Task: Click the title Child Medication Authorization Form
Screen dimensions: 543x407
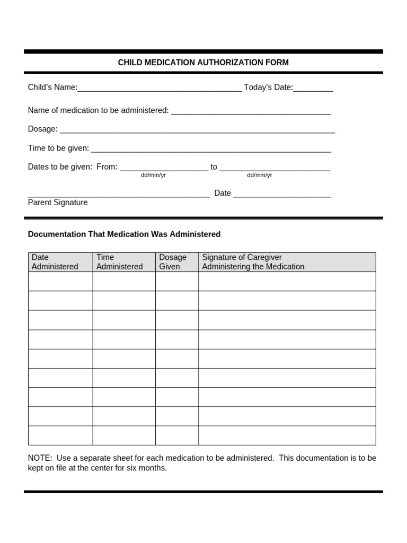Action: click(203, 63)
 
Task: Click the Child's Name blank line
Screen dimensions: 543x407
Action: click(160, 88)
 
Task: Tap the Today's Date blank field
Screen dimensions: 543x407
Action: click(313, 88)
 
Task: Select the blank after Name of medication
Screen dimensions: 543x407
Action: click(251, 111)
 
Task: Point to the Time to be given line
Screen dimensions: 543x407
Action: click(211, 149)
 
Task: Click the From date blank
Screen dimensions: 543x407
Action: click(164, 168)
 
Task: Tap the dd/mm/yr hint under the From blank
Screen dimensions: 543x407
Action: click(153, 176)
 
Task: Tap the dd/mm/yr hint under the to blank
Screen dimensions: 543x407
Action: click(259, 176)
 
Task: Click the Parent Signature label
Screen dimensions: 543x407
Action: click(58, 203)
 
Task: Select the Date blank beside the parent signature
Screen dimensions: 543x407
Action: click(282, 194)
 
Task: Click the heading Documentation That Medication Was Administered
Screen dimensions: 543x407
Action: click(124, 234)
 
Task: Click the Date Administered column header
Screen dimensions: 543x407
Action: click(55, 262)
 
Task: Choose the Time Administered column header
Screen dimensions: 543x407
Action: click(120, 262)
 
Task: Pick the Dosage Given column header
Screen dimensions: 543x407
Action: click(173, 262)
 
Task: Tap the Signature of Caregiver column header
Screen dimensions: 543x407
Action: click(253, 262)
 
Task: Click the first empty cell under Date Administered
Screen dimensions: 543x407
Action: click(60, 282)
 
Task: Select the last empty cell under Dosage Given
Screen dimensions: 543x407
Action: click(177, 435)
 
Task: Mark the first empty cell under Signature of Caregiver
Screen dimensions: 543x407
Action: click(287, 282)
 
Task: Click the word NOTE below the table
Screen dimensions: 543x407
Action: click(40, 458)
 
